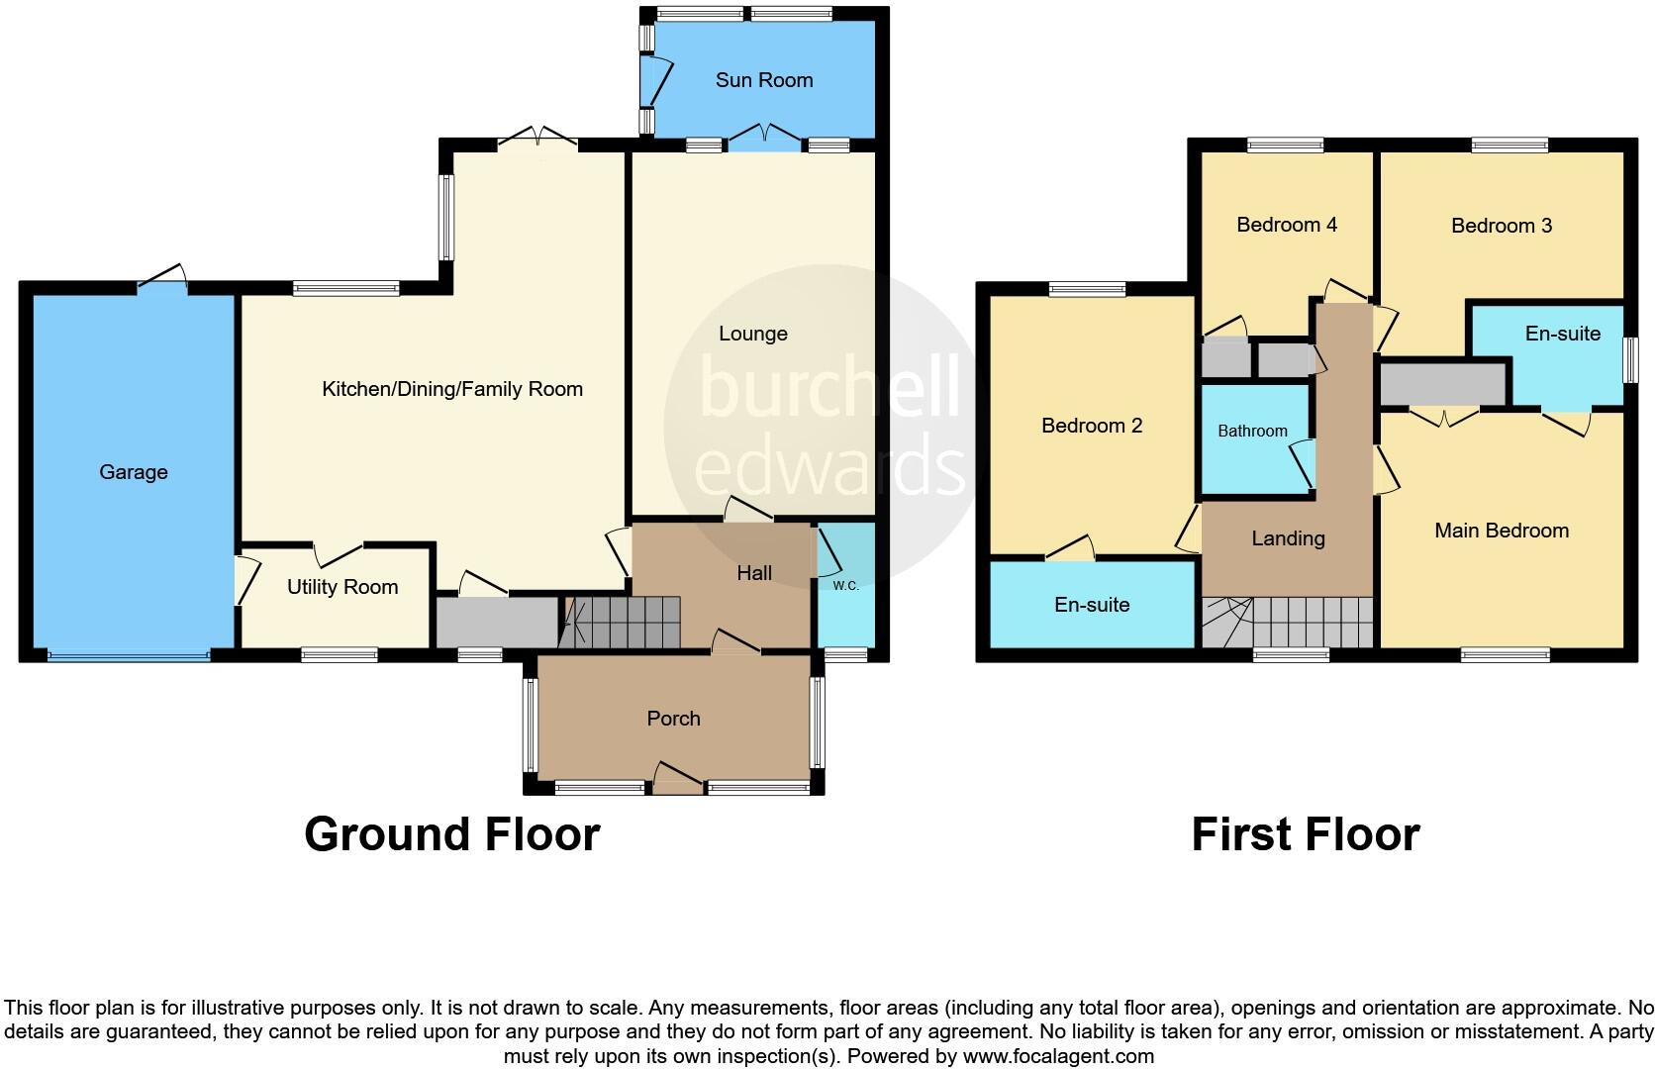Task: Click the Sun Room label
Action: pyautogui.click(x=764, y=80)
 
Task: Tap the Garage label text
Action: pyautogui.click(x=134, y=472)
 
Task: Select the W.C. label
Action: pyautogui.click(x=845, y=586)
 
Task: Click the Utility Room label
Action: pyautogui.click(x=342, y=587)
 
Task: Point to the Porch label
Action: pyautogui.click(x=673, y=719)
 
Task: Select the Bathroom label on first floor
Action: pyautogui.click(x=1252, y=431)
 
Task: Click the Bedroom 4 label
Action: pyautogui.click(x=1287, y=225)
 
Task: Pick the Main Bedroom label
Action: pyautogui.click(x=1502, y=531)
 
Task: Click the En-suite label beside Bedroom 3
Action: pyautogui.click(x=1562, y=334)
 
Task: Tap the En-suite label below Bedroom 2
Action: pyautogui.click(x=1092, y=605)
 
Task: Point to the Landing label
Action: pyautogui.click(x=1288, y=538)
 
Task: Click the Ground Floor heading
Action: pyautogui.click(x=451, y=834)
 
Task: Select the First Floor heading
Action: pyautogui.click(x=1305, y=834)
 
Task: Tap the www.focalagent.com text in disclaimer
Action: pyautogui.click(x=1057, y=1056)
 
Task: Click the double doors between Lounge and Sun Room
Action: pyautogui.click(x=764, y=139)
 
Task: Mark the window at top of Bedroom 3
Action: pyautogui.click(x=1509, y=146)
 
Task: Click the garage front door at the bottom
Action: pyautogui.click(x=129, y=654)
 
